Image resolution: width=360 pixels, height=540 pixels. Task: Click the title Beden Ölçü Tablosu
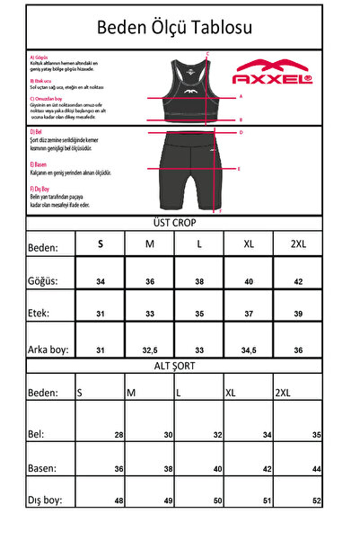tap(180, 28)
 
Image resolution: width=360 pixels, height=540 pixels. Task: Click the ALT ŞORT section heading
tap(180, 366)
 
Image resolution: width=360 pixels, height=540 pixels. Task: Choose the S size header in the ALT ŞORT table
tap(81, 393)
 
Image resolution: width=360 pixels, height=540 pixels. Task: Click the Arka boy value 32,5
tap(150, 350)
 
